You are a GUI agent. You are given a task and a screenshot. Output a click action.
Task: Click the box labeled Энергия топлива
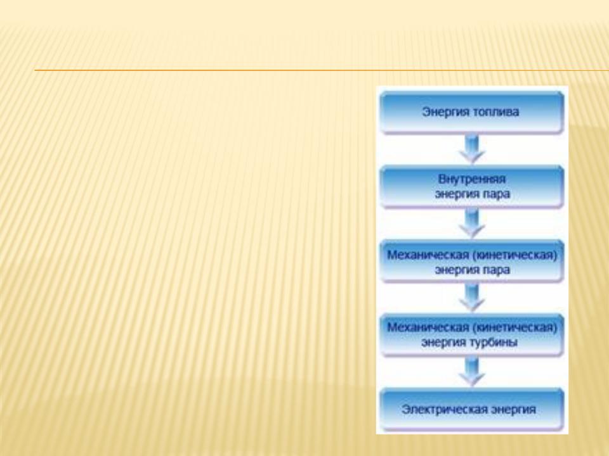click(472, 113)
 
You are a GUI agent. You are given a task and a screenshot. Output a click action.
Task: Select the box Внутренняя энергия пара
click(472, 186)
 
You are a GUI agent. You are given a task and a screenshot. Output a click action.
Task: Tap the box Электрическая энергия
click(472, 410)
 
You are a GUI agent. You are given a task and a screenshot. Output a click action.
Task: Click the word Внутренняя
click(472, 179)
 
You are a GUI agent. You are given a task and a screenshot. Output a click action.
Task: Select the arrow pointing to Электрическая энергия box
click(472, 372)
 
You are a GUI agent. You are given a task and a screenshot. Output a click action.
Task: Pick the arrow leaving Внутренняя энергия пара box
click(472, 224)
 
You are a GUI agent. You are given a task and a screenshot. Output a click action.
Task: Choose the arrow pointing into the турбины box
click(472, 298)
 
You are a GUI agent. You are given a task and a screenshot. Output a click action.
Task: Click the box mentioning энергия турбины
click(472, 335)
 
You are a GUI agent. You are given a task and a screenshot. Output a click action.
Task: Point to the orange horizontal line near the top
click(322, 70)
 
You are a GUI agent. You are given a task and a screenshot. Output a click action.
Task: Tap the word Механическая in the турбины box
click(428, 327)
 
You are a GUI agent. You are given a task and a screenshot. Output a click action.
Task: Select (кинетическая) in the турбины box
click(515, 327)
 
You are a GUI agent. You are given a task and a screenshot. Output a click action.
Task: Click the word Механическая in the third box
click(428, 255)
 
